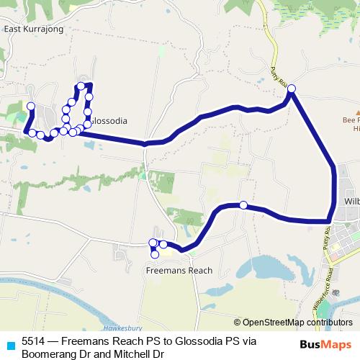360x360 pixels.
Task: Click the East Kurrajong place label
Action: [34, 29]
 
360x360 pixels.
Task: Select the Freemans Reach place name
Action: [179, 271]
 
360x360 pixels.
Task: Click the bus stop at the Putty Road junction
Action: [292, 89]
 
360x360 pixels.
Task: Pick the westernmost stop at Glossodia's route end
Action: [30, 107]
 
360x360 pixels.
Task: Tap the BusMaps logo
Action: [326, 346]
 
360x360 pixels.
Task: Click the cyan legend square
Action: [9, 344]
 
